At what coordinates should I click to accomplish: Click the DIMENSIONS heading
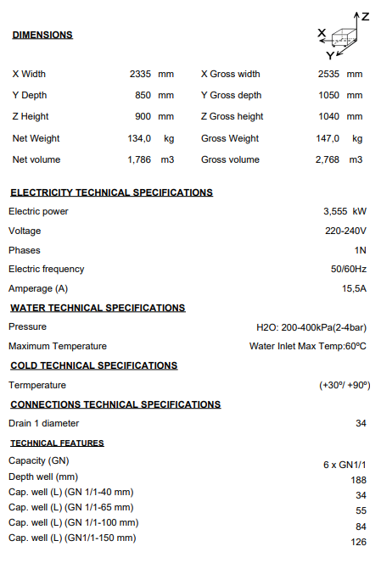click(x=42, y=35)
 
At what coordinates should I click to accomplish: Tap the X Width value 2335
click(x=140, y=74)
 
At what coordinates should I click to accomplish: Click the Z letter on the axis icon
click(x=366, y=16)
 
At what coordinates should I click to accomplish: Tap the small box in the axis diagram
click(x=343, y=37)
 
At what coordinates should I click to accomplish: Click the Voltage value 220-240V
click(x=345, y=231)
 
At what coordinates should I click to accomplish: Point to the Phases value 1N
click(x=360, y=250)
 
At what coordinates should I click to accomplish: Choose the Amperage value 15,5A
click(x=353, y=288)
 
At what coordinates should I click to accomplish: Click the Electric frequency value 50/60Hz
click(x=349, y=269)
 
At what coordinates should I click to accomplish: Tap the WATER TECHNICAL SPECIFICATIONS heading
click(x=98, y=308)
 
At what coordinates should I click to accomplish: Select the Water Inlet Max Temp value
click(x=307, y=346)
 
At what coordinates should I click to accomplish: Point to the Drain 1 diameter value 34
click(x=361, y=423)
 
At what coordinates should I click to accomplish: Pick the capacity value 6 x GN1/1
click(x=344, y=464)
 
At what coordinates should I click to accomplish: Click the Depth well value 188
click(x=358, y=480)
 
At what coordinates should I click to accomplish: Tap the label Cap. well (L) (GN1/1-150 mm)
click(x=72, y=538)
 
